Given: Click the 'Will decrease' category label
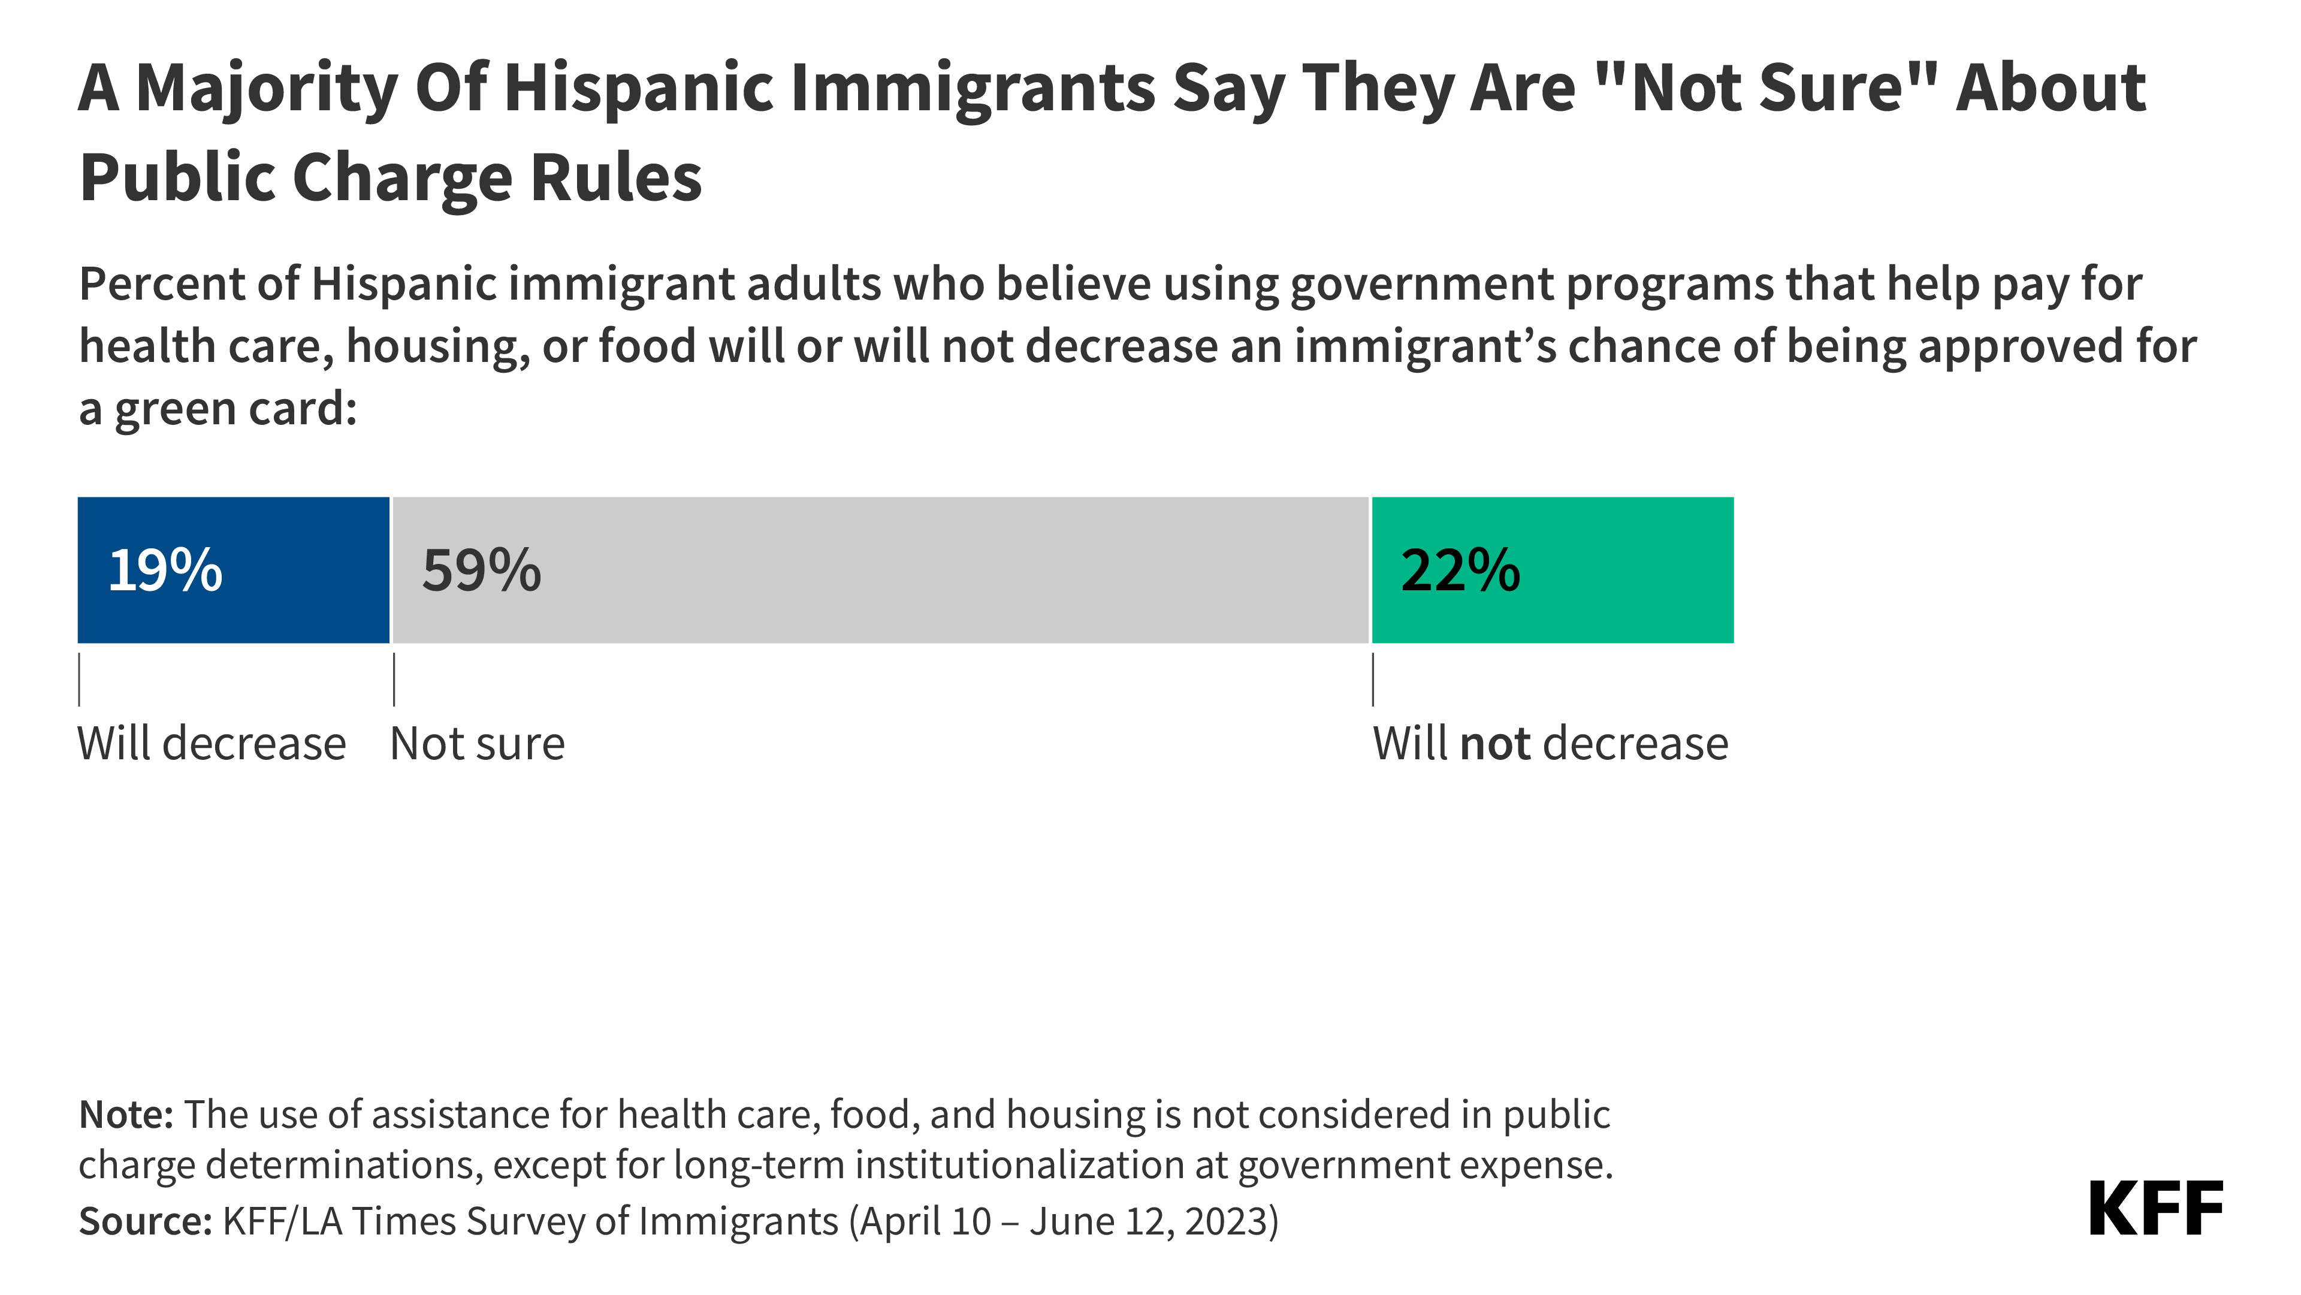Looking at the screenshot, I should tap(212, 743).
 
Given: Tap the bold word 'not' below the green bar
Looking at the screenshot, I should tap(1495, 743).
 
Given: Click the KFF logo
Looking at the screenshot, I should tap(2155, 1209).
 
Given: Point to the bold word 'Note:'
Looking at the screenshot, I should tap(126, 1115).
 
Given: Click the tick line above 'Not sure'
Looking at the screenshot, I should tap(394, 680).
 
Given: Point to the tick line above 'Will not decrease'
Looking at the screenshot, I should tap(1373, 680).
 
